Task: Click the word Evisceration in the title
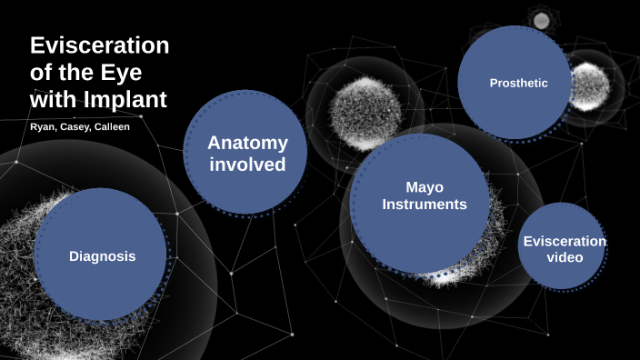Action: click(x=100, y=46)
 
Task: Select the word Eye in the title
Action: click(x=121, y=72)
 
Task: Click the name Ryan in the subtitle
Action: click(x=42, y=126)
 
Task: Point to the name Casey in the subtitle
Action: click(x=75, y=126)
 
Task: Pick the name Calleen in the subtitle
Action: click(x=111, y=126)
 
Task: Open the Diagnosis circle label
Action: click(x=102, y=256)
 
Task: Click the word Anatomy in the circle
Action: click(x=247, y=143)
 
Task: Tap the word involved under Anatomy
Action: click(x=247, y=165)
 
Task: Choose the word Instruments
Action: click(x=424, y=205)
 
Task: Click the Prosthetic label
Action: click(x=518, y=83)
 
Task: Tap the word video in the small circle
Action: click(x=565, y=258)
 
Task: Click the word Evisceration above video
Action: click(x=565, y=241)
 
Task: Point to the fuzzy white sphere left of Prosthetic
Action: click(x=364, y=114)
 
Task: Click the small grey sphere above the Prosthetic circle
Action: click(x=541, y=20)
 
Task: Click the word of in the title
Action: click(x=41, y=72)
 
